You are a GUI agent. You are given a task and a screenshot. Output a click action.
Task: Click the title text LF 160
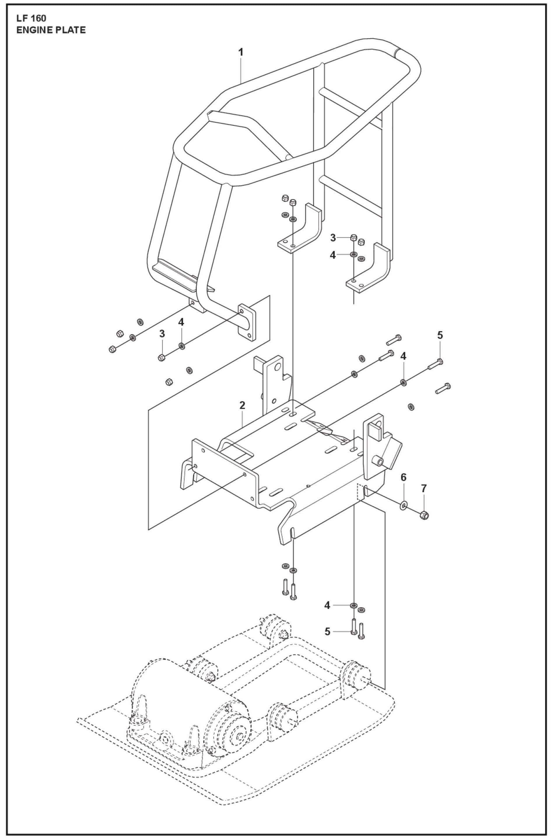pos(31,19)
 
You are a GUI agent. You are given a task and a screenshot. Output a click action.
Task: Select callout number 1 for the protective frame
pos(241,52)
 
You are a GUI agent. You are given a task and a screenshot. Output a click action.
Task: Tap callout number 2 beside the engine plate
pos(242,405)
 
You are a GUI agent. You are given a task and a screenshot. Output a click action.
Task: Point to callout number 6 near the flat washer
pos(404,477)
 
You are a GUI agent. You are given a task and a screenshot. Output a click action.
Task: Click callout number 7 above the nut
pos(424,488)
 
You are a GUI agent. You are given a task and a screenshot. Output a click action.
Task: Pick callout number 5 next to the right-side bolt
pos(440,335)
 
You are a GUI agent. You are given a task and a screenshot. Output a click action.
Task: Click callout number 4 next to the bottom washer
pos(327,605)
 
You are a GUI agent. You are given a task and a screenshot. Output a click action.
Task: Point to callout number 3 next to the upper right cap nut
pos(333,238)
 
